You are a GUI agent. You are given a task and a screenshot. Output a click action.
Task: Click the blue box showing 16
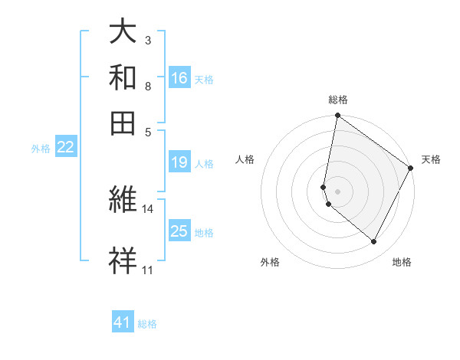click(179, 77)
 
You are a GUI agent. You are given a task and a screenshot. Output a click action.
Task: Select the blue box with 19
click(179, 162)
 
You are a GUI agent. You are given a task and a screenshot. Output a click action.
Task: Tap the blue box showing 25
click(179, 231)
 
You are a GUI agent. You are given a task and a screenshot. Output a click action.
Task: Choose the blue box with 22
click(65, 147)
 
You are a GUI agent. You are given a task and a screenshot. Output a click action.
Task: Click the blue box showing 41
click(123, 322)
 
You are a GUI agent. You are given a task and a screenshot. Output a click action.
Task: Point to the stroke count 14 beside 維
click(148, 208)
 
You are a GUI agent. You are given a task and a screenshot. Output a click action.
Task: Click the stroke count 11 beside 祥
click(147, 270)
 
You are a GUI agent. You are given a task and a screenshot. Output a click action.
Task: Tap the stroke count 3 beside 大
click(147, 39)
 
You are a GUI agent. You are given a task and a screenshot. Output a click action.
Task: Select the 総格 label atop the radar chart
click(337, 100)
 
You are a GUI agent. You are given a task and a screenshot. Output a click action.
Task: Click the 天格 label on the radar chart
click(431, 159)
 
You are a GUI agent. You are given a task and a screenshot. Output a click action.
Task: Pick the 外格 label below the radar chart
click(270, 263)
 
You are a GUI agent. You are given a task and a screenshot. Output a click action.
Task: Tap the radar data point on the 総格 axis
click(337, 116)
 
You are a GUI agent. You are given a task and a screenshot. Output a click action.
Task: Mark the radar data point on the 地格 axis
click(374, 242)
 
